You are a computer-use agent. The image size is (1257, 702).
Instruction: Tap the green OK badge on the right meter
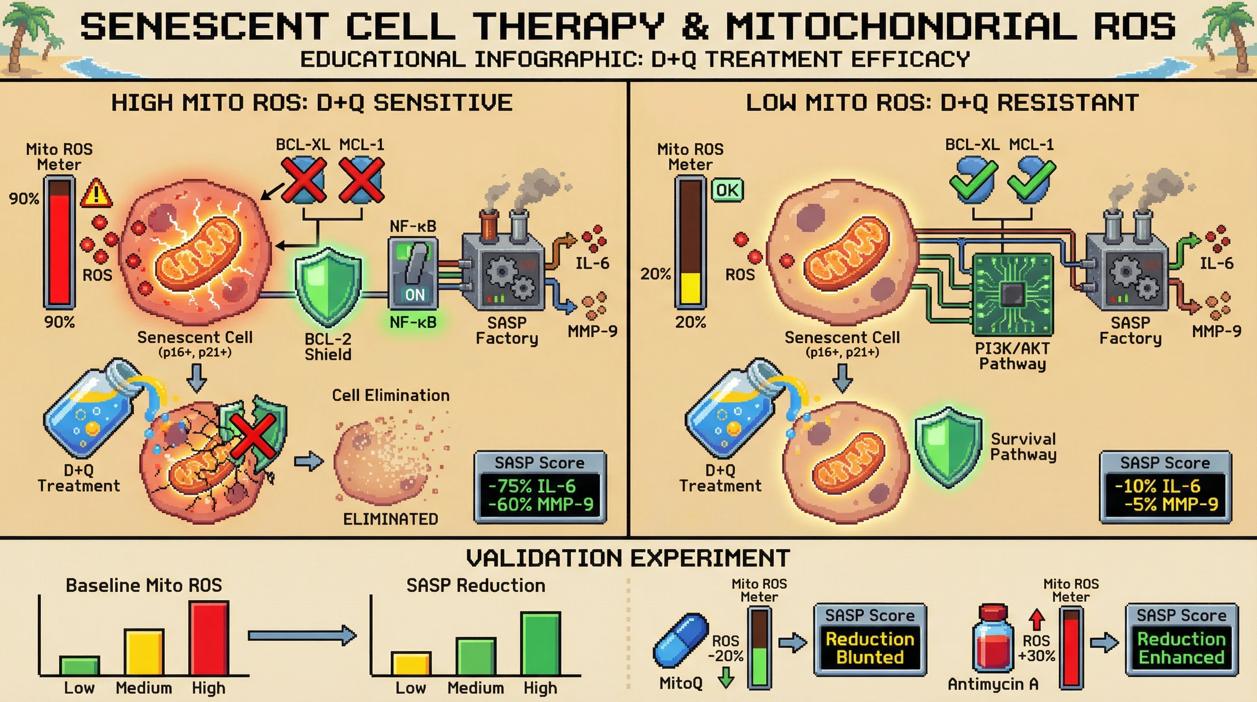click(x=727, y=190)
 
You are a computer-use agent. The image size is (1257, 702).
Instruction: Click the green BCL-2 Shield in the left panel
click(x=328, y=287)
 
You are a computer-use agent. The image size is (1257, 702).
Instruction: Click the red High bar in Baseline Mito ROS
click(x=209, y=638)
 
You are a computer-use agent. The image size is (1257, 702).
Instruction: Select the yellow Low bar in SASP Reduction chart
click(x=411, y=664)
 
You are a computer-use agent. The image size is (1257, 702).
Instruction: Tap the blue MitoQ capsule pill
click(x=681, y=640)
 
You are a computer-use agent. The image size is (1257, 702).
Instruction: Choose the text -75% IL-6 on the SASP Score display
click(x=531, y=486)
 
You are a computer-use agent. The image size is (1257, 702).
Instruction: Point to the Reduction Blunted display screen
click(x=870, y=648)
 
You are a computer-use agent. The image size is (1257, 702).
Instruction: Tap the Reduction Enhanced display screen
click(x=1181, y=648)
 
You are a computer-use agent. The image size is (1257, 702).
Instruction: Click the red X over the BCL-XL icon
click(x=303, y=180)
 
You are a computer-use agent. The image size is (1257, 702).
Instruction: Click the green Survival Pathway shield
click(x=948, y=447)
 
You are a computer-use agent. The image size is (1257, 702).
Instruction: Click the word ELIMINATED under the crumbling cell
click(x=391, y=519)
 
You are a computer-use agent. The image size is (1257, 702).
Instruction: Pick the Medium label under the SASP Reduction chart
click(x=475, y=688)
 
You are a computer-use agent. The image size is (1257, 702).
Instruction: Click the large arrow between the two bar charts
click(x=302, y=635)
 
